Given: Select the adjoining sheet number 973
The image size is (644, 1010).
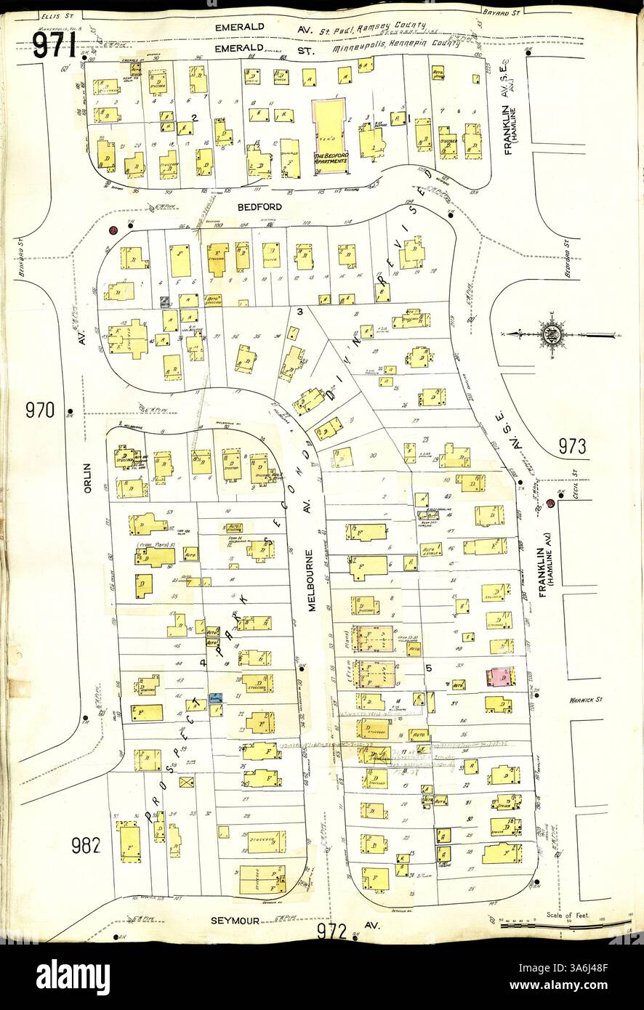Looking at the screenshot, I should pos(572,447).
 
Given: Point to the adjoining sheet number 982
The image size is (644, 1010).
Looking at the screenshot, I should pos(86,845).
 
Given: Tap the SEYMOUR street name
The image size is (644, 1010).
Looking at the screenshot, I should pos(235,919).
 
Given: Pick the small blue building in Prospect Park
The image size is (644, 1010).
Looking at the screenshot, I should pos(216,696).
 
